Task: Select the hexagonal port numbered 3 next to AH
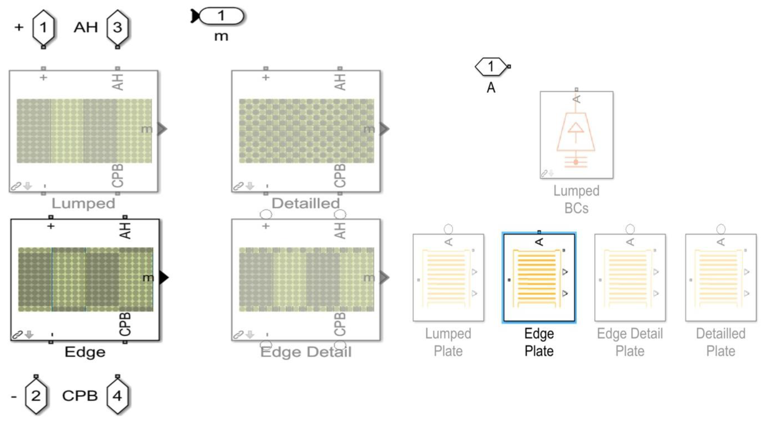coord(117,27)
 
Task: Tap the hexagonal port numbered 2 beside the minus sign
coord(36,396)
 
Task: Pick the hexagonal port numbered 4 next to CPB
coord(117,396)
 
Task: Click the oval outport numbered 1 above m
coord(221,16)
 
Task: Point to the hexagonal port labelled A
coord(491,66)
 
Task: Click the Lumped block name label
coord(83,204)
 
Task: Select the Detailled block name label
coord(306,204)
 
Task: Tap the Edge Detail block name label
coord(306,352)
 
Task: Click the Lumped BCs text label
coord(576,199)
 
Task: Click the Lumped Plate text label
coord(448,342)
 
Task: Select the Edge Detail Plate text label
coord(630,342)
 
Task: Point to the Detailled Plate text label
coord(721,342)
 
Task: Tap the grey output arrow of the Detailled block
coord(384,129)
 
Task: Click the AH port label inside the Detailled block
coord(340,82)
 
